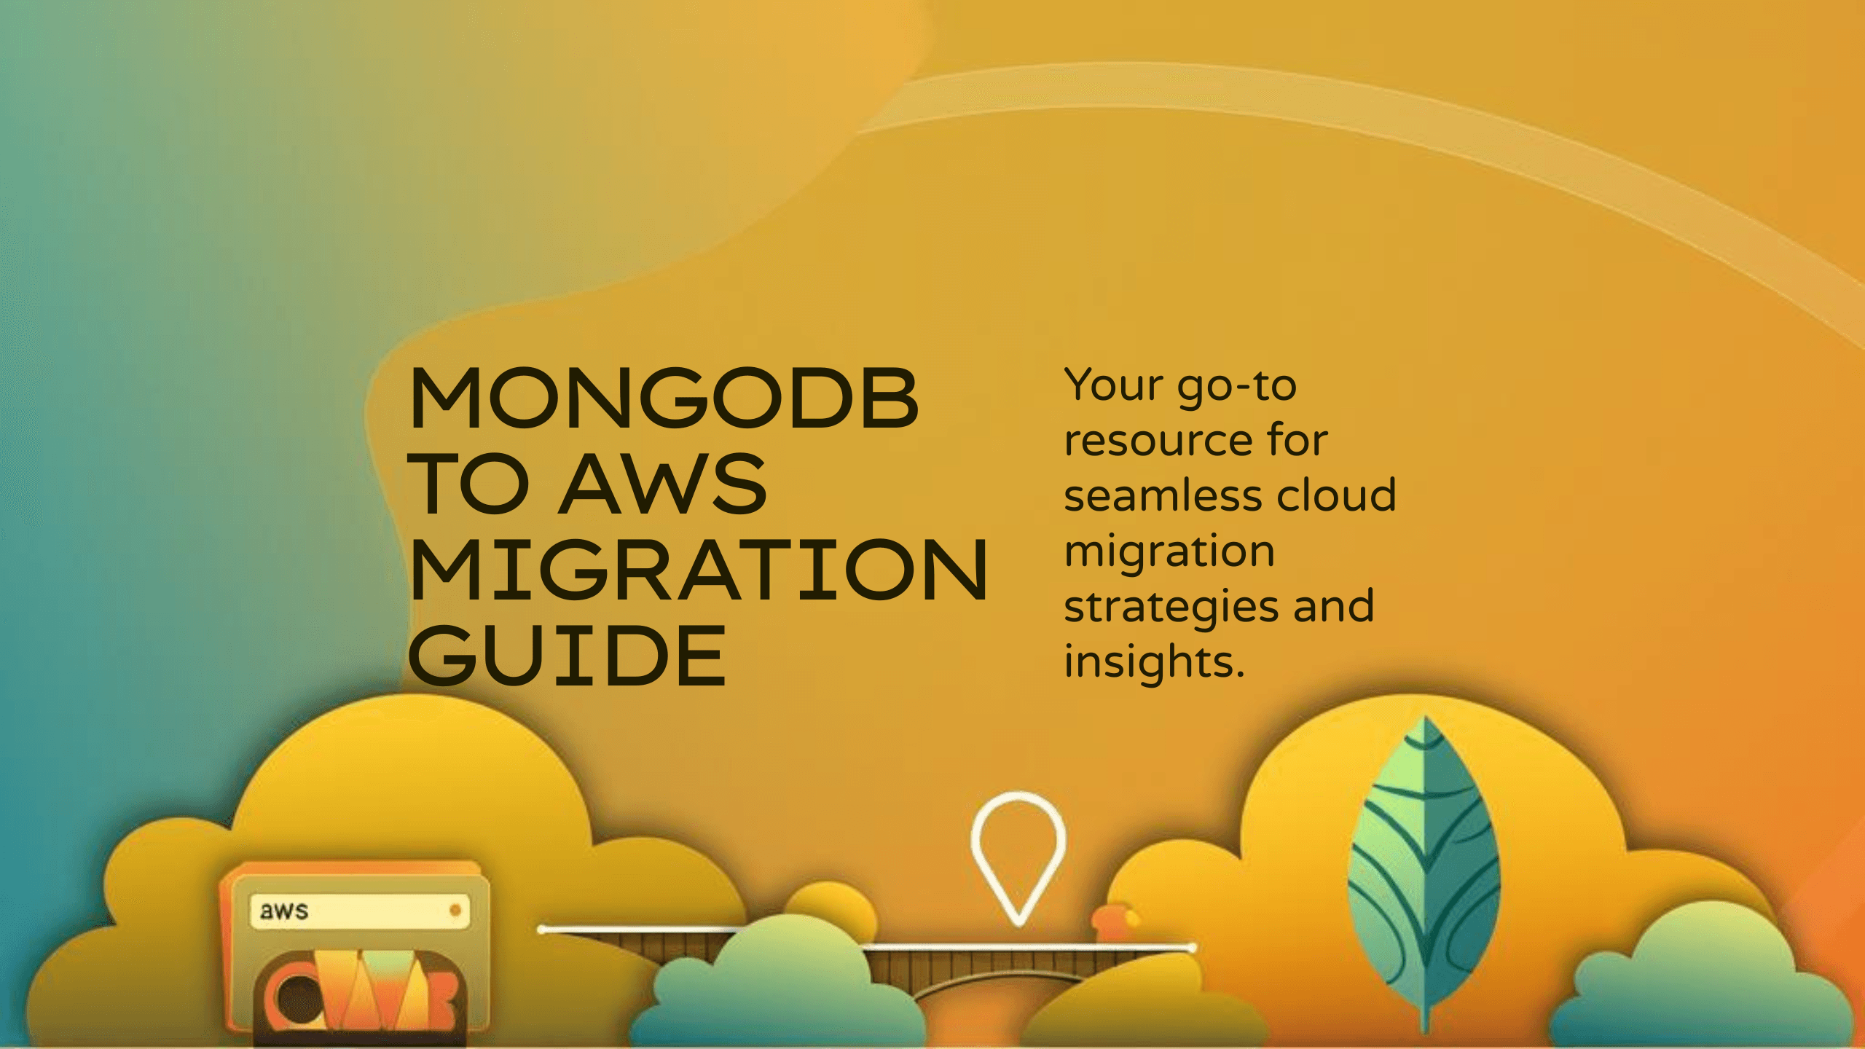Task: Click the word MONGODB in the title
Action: [x=663, y=398]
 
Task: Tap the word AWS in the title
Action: [x=664, y=484]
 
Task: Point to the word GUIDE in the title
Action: [x=567, y=656]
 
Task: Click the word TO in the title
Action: [x=468, y=484]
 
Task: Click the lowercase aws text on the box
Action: [x=284, y=911]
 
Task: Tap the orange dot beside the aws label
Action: [x=455, y=910]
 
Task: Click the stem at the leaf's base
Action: [x=1426, y=1016]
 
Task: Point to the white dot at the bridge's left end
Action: [x=542, y=930]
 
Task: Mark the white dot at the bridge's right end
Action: [x=1191, y=948]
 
